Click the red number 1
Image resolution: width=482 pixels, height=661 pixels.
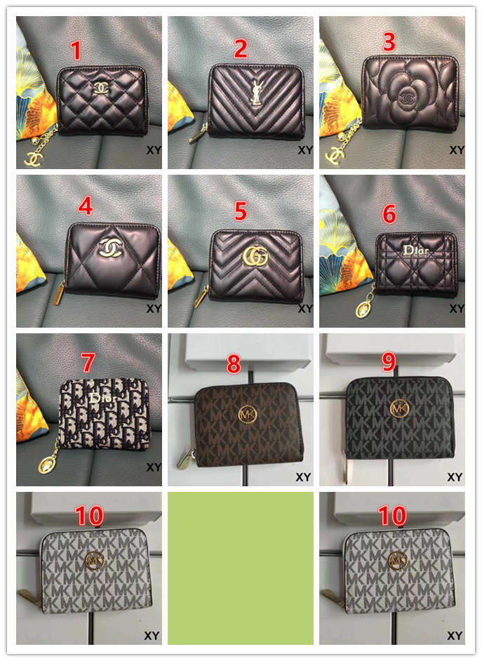click(x=76, y=50)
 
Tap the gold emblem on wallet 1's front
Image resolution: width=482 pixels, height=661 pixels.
click(x=101, y=88)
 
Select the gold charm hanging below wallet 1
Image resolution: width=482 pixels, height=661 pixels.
click(x=33, y=158)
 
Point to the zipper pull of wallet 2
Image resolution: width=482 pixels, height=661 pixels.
click(x=197, y=135)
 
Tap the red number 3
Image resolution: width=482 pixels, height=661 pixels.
click(x=389, y=41)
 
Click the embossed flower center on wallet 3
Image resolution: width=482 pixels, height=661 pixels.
click(x=407, y=98)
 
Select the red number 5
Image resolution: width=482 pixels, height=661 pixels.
click(x=241, y=211)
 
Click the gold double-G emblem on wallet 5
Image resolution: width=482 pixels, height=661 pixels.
click(x=255, y=255)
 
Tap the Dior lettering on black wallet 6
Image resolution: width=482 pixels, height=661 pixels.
click(x=416, y=251)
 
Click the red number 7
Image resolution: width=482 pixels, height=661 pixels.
click(x=88, y=363)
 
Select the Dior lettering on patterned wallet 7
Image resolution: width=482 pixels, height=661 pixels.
click(x=103, y=397)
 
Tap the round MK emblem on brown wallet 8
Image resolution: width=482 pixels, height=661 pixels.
click(x=247, y=415)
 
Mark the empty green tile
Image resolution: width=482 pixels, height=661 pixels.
click(x=241, y=568)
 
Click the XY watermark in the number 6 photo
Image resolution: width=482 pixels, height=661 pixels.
click(x=456, y=308)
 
